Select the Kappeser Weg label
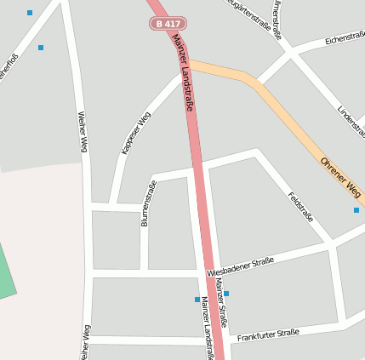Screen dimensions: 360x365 pyautogui.click(x=136, y=132)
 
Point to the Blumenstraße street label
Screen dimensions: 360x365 pyautogui.click(x=148, y=203)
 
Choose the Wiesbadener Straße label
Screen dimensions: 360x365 pyautogui.click(x=240, y=266)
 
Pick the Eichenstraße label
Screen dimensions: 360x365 pyautogui.click(x=345, y=38)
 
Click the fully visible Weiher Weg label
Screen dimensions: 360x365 pyautogui.click(x=83, y=132)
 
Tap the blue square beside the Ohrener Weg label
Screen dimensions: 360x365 pyautogui.click(x=356, y=210)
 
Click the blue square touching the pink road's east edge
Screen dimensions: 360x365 pyautogui.click(x=226, y=294)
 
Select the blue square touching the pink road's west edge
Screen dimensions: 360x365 pyautogui.click(x=197, y=300)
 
